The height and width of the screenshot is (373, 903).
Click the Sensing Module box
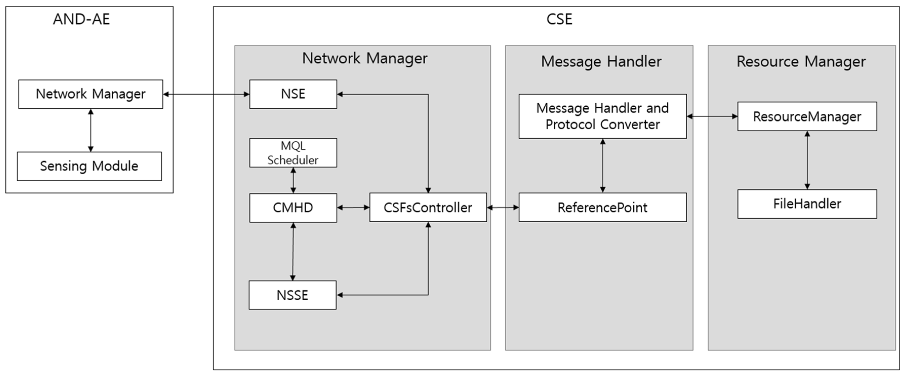point(89,166)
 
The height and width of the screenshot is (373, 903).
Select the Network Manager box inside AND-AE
point(90,94)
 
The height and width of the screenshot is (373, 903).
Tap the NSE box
point(293,94)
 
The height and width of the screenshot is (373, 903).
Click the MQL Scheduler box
point(293,153)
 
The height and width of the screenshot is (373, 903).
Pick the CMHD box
point(293,208)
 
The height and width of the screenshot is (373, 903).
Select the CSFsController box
point(428,207)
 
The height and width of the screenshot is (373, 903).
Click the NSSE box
point(292,295)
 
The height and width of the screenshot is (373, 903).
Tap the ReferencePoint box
point(602,207)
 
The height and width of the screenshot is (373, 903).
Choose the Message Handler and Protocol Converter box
point(602,116)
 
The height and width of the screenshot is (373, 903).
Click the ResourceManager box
point(807,116)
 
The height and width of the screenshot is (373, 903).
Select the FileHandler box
point(807,204)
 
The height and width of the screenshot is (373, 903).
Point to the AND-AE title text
point(81,19)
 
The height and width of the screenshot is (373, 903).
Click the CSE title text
point(559,19)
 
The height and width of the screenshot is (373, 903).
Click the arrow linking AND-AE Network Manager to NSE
point(206,94)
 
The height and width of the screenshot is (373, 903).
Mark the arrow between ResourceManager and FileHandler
point(807,160)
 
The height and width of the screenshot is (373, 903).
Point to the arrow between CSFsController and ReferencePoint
point(503,207)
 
